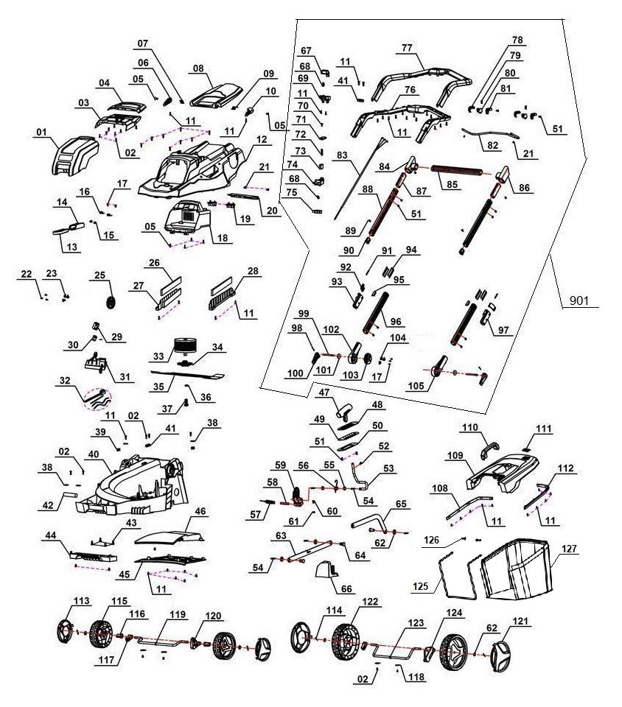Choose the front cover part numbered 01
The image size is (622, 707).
click(74, 155)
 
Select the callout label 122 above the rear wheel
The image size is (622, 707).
click(369, 602)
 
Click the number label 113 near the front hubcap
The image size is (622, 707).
click(82, 602)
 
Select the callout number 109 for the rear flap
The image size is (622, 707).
click(455, 456)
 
